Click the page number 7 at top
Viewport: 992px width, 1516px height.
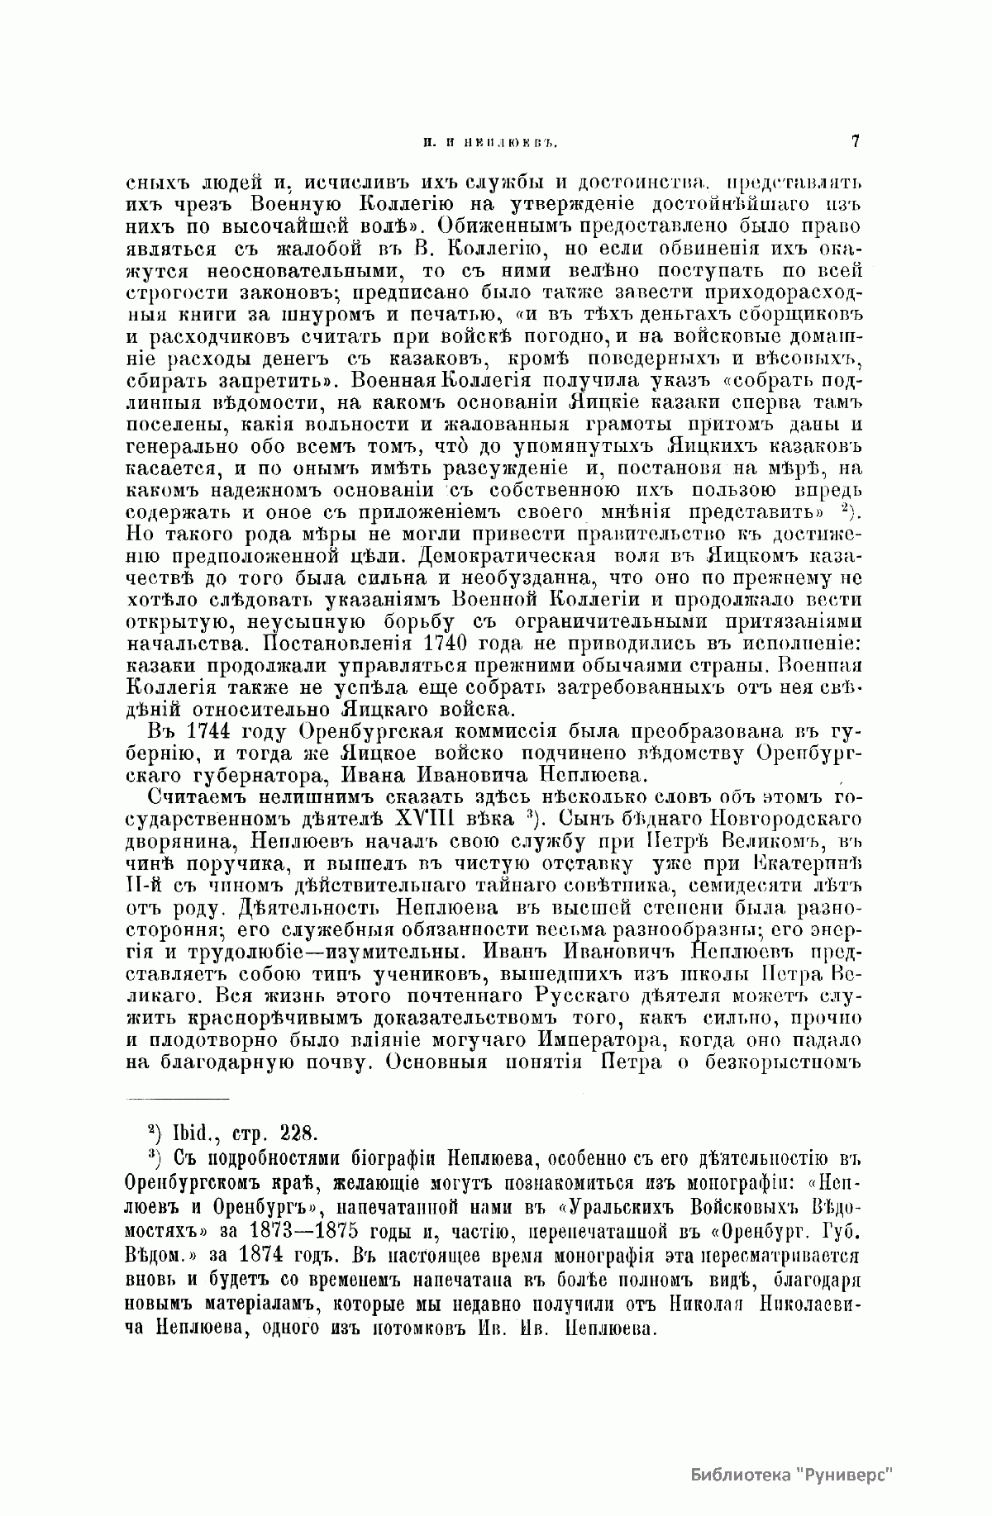[x=855, y=141]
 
